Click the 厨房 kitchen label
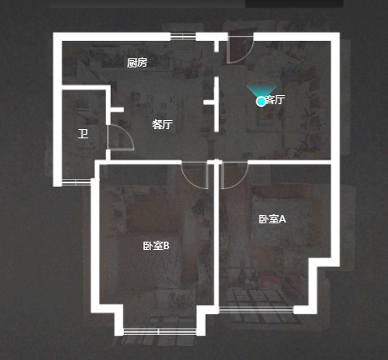point(137,62)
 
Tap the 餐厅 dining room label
point(162,124)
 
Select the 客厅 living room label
point(275,99)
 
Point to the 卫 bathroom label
point(83,133)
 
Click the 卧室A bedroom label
point(272,219)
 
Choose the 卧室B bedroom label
point(156,246)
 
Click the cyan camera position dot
point(261,102)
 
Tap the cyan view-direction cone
point(261,88)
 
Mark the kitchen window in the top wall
point(183,37)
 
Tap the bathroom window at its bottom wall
point(76,182)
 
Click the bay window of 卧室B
point(160,332)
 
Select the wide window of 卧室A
point(256,310)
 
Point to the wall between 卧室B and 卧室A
point(216,236)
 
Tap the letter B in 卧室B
point(166,246)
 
